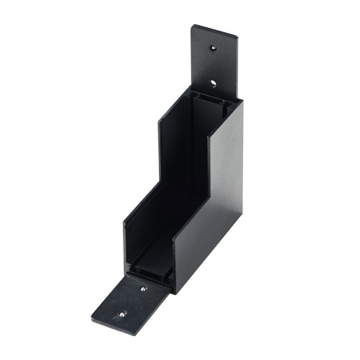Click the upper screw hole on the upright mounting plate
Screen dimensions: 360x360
pos(213,47)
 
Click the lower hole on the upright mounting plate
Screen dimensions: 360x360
pos(212,83)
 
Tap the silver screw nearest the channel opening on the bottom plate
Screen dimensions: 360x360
pos(144,289)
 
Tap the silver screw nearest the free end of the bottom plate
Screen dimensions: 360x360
pos(122,314)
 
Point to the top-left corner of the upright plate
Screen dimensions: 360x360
pos(193,25)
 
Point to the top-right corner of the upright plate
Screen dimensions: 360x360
pos(238,34)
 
